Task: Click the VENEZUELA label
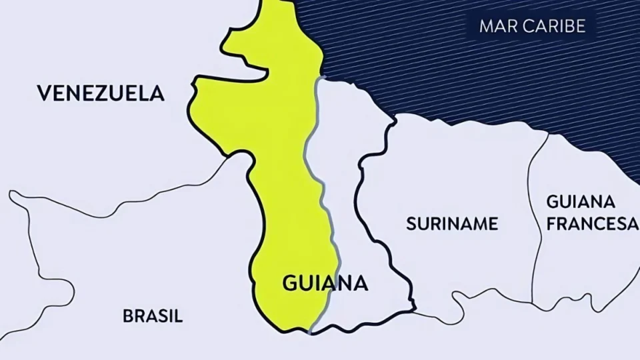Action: tap(100, 93)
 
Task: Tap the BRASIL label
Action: tap(153, 316)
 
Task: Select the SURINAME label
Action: tap(451, 223)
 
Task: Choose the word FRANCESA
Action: tap(592, 224)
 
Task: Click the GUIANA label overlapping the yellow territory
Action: tap(325, 283)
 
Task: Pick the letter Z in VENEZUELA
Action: tap(99, 93)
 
